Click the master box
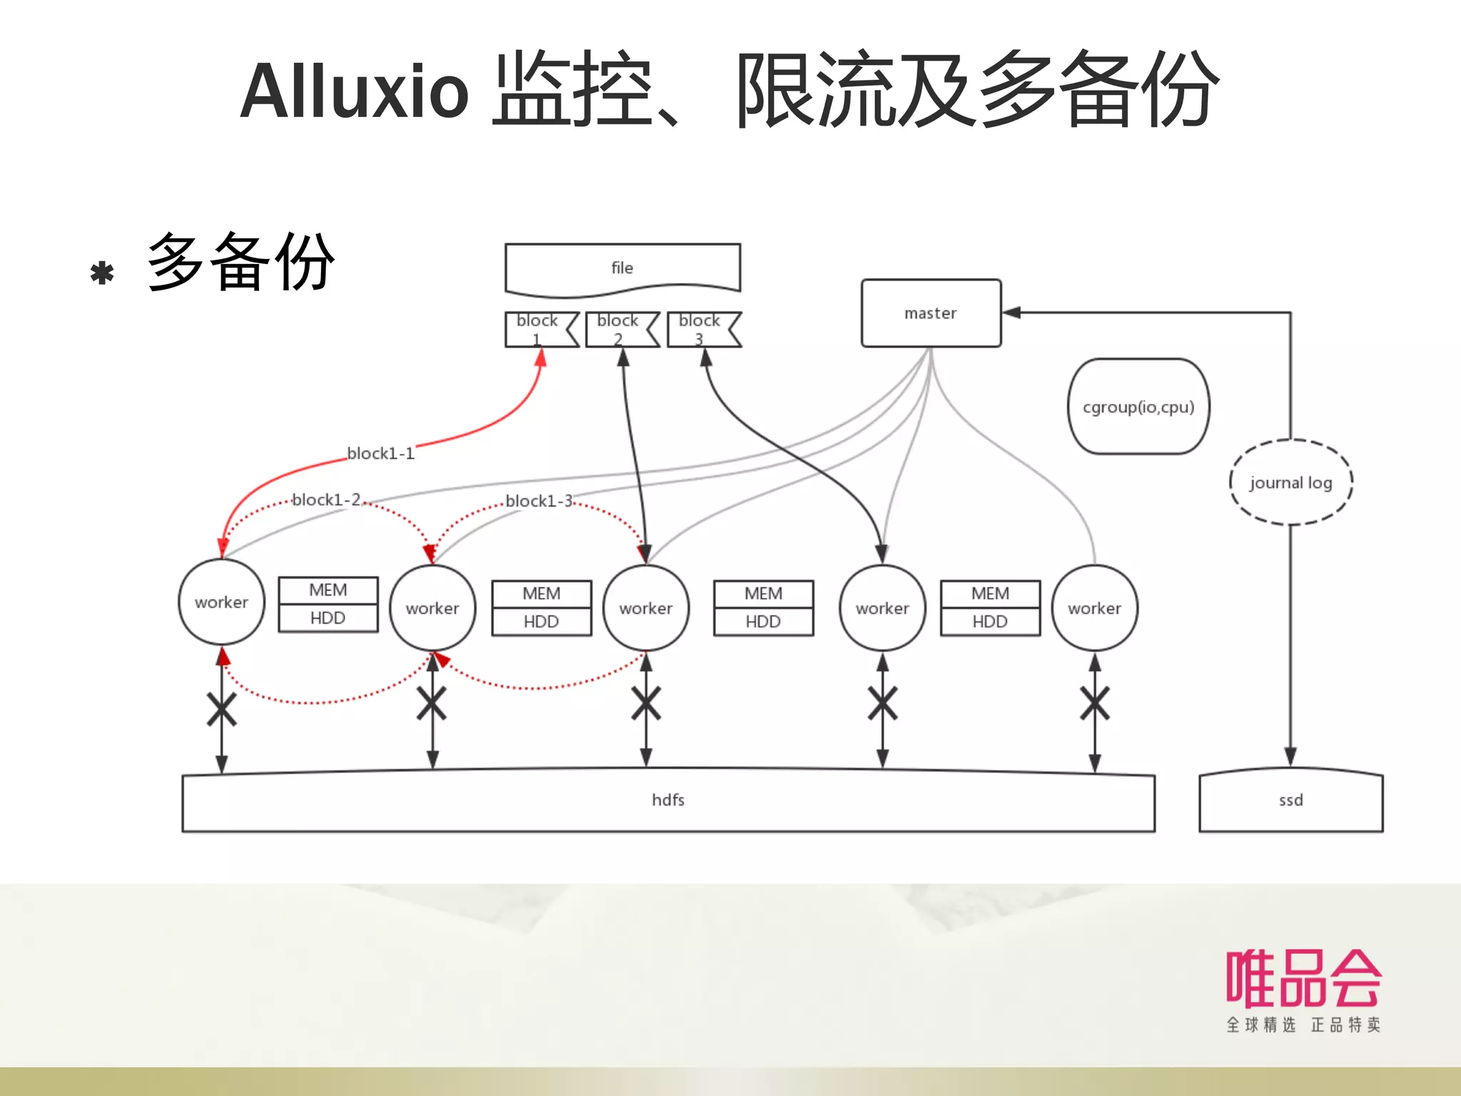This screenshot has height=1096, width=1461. click(x=931, y=313)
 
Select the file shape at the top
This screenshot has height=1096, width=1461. click(x=622, y=268)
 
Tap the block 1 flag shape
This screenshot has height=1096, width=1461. click(x=539, y=330)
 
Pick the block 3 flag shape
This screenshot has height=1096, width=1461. click(x=702, y=330)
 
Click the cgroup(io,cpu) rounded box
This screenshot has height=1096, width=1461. click(x=1139, y=407)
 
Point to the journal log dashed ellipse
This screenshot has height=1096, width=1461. click(x=1291, y=482)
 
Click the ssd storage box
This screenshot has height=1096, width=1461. click(x=1291, y=801)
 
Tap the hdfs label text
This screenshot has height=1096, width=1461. click(x=668, y=801)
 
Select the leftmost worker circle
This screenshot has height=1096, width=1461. click(x=221, y=602)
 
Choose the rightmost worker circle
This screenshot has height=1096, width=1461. click(x=1094, y=609)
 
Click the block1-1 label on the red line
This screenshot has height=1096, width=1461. click(x=380, y=454)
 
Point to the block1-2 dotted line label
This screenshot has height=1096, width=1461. click(x=326, y=500)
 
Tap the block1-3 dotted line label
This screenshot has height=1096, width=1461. click(x=539, y=502)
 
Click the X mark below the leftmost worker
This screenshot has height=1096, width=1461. click(x=221, y=709)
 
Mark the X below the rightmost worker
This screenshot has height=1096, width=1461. click(x=1094, y=704)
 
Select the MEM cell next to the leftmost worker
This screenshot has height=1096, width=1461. click(x=328, y=591)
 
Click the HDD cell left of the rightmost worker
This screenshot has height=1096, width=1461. click(x=990, y=621)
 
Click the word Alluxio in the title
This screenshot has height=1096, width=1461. click(x=355, y=91)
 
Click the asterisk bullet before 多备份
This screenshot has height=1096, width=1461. click(x=102, y=273)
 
